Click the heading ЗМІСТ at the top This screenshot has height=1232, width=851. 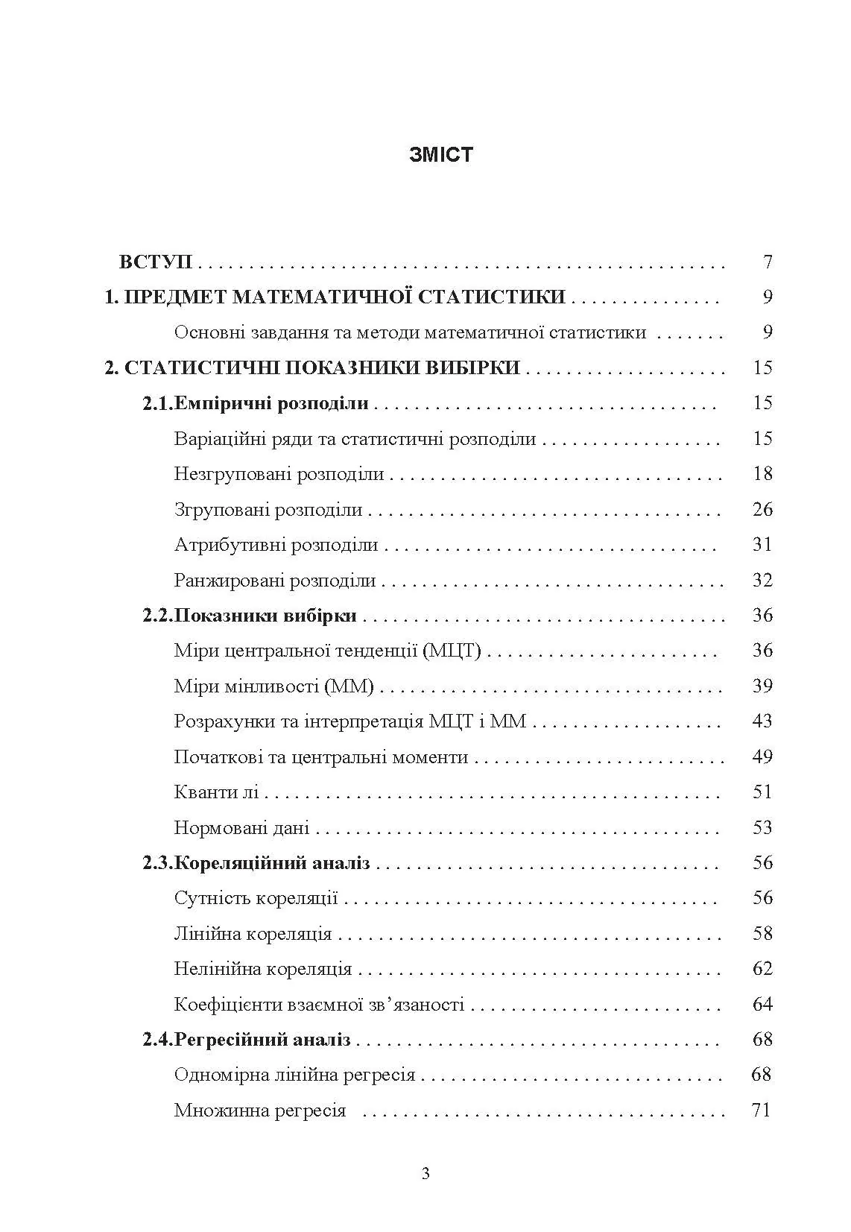(x=441, y=155)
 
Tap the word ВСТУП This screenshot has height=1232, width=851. (x=156, y=262)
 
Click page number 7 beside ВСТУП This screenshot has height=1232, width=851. (x=768, y=262)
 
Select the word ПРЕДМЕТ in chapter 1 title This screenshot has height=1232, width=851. (x=174, y=297)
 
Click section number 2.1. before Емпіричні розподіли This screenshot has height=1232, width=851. (x=158, y=404)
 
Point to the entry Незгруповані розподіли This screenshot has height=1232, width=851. (x=279, y=474)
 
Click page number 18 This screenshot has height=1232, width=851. (x=762, y=474)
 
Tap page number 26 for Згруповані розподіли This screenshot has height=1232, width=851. (x=762, y=510)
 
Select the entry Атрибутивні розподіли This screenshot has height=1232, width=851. (x=276, y=545)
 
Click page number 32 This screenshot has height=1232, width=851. (x=762, y=581)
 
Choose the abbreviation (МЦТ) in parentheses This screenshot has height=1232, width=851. (x=452, y=651)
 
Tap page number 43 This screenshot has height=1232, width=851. (x=762, y=721)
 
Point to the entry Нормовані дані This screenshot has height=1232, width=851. (x=241, y=828)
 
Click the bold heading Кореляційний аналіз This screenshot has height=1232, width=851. (x=272, y=863)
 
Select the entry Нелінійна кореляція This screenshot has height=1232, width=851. (x=262, y=969)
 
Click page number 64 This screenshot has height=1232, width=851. (x=762, y=1005)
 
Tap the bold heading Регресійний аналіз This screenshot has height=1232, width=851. (x=262, y=1040)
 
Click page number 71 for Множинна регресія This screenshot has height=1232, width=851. (x=761, y=1111)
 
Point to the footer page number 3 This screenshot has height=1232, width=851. (x=425, y=1175)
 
